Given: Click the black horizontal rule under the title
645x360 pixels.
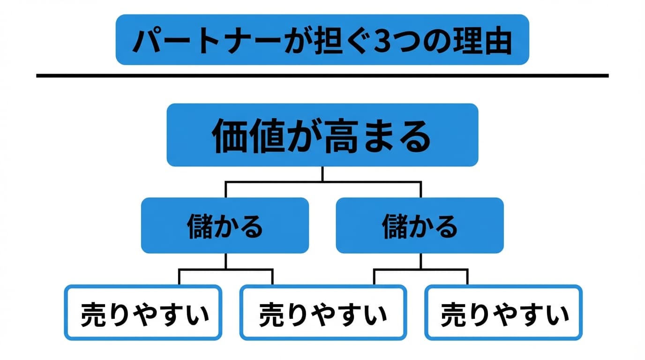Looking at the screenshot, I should coord(322,75).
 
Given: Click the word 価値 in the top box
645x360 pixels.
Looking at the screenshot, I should coord(248,137).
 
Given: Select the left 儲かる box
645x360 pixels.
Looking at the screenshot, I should coord(225,225).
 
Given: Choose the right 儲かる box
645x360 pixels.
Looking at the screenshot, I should coord(420,225).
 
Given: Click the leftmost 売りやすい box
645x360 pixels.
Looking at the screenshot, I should coord(142,313).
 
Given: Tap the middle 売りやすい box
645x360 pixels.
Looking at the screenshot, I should coord(323,313).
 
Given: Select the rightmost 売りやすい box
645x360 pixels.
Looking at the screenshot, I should coord(503,313).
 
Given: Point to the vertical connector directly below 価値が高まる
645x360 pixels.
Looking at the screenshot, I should coord(322,174).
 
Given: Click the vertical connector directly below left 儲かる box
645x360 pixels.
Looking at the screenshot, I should coord(225,261).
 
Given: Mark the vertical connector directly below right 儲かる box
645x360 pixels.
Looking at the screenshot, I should coord(420,261).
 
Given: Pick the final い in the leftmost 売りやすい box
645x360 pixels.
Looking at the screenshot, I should coord(197,314).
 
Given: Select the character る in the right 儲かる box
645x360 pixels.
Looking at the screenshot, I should coord(445,226).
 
